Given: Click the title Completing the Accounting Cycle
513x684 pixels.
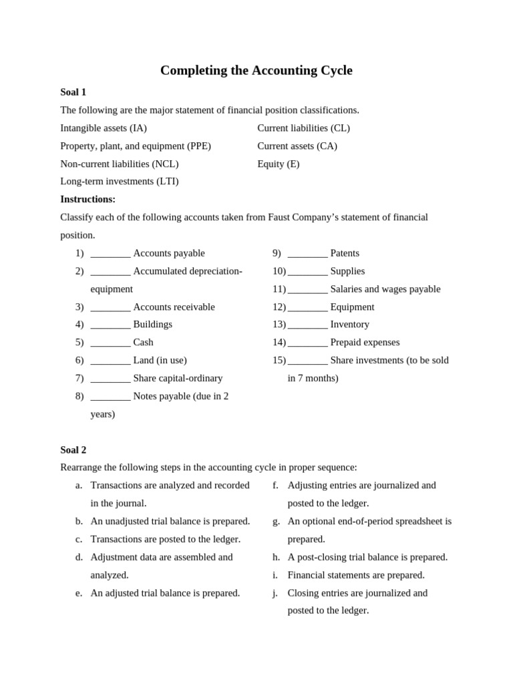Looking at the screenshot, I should [256, 70].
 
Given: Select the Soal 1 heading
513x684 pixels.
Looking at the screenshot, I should [73, 92].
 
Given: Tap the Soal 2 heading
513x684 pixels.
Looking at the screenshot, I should [73, 450].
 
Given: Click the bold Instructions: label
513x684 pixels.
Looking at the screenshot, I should [88, 199].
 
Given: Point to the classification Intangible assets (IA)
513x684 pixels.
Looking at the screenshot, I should [104, 128].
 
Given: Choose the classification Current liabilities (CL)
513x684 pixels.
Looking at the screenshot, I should [303, 128].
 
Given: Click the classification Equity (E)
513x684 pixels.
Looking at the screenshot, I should [278, 164].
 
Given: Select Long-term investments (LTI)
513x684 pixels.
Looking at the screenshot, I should [119, 181].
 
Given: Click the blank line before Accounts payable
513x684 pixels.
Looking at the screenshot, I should [110, 254].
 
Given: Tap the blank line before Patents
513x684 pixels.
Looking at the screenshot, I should [307, 254].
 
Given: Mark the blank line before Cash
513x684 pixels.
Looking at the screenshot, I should [110, 343].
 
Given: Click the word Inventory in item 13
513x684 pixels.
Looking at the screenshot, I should [349, 325].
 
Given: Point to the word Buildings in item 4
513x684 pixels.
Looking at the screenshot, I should [152, 325].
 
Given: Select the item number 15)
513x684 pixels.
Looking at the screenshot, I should [279, 360].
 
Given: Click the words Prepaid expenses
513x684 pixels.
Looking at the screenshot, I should [365, 342].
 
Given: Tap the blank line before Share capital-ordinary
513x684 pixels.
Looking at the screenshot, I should [110, 379].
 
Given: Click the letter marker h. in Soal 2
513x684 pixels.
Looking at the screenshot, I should [276, 557].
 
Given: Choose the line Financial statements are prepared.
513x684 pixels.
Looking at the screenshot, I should [355, 575].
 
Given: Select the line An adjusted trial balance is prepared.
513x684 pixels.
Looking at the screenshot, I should [165, 592].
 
